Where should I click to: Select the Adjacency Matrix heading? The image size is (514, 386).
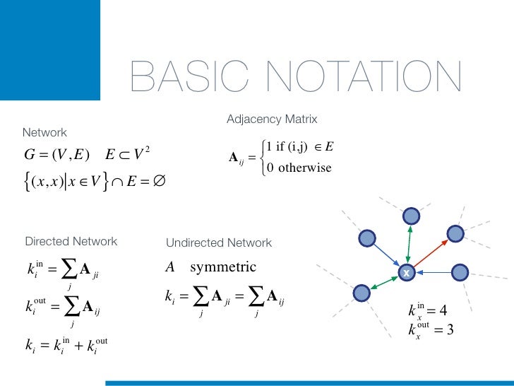click(272, 119)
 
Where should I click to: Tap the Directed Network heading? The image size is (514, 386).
click(71, 241)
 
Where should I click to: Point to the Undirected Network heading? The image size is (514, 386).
click(218, 242)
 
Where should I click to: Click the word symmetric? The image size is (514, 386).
click(222, 267)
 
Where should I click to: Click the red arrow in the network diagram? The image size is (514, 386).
click(431, 252)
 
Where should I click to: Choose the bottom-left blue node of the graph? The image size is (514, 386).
click(361, 291)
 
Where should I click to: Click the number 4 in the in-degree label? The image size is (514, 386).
click(442, 310)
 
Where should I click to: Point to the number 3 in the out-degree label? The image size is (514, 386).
click(449, 329)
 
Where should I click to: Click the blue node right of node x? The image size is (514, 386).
click(460, 272)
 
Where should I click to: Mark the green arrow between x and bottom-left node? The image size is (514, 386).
click(383, 282)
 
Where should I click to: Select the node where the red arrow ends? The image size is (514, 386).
click(455, 233)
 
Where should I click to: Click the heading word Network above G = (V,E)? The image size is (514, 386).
click(44, 132)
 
